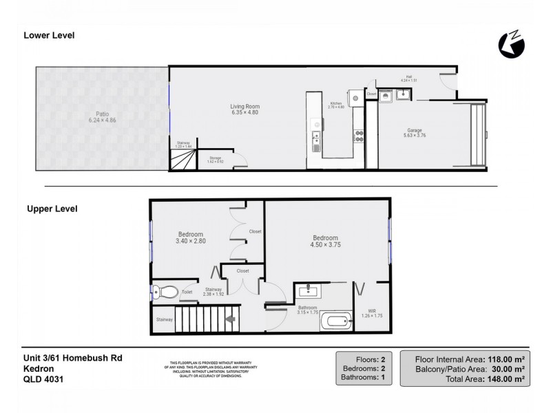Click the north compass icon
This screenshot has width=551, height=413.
click(x=511, y=45)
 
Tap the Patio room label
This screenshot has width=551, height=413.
click(x=98, y=114)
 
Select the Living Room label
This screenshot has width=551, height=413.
click(x=244, y=107)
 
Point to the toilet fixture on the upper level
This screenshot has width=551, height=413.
click(x=165, y=291)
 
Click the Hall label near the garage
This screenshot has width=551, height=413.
click(x=410, y=78)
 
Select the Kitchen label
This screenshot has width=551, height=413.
click(x=335, y=103)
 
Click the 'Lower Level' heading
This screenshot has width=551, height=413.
click(x=49, y=35)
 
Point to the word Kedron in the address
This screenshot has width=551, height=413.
click(x=37, y=367)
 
